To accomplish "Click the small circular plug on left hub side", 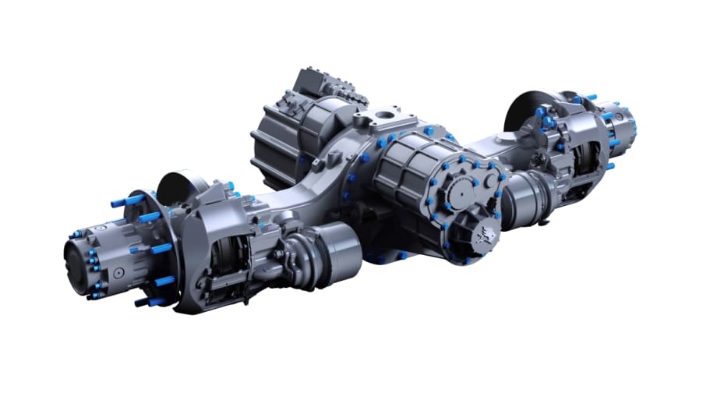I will click(x=117, y=273).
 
